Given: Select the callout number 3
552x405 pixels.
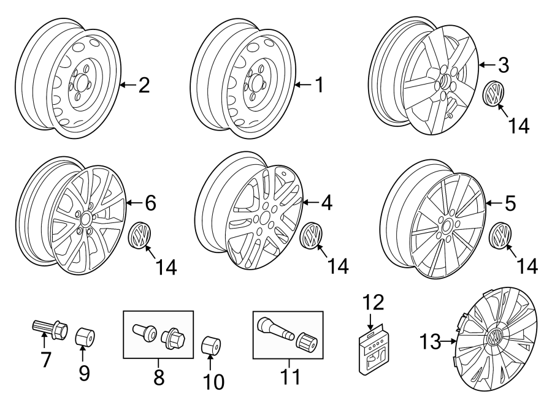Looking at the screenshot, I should click(503, 64).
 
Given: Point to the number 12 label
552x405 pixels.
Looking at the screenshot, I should click(374, 303).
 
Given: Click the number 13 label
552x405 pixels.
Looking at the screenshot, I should click(431, 341).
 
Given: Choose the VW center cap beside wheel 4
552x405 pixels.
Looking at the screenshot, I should click(313, 236).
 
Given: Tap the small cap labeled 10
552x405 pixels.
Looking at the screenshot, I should click(212, 344).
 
